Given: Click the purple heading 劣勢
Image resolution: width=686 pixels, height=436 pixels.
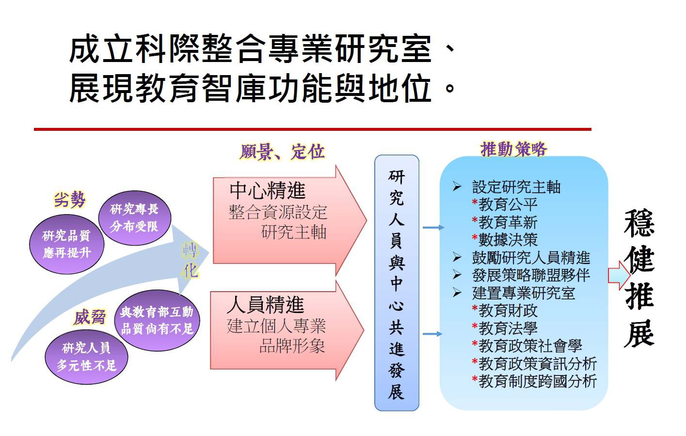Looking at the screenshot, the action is click(x=69, y=200).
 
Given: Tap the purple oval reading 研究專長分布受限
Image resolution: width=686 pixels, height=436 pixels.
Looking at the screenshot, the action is click(x=135, y=218).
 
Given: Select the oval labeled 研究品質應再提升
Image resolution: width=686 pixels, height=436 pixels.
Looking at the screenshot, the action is click(x=67, y=244).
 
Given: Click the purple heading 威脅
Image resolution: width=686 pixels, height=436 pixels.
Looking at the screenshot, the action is click(x=90, y=317).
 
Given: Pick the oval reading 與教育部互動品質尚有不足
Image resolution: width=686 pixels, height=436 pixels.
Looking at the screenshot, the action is click(x=157, y=320).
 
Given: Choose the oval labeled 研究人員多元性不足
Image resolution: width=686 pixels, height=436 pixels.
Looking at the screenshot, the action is click(x=86, y=357).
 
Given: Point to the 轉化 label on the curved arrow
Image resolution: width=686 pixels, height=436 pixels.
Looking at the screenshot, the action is click(x=191, y=260).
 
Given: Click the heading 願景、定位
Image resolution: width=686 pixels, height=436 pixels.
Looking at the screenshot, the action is click(x=282, y=152).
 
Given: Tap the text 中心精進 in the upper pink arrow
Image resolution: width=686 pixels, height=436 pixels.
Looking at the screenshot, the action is click(x=268, y=190).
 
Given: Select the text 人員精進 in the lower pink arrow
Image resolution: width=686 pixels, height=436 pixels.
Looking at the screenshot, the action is click(x=266, y=305).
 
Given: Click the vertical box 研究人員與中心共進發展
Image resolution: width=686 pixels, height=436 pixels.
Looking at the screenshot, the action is click(x=397, y=283).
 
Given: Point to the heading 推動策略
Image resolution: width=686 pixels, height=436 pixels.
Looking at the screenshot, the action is click(x=513, y=149).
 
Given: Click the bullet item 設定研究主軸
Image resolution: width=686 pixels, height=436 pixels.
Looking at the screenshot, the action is click(x=516, y=187).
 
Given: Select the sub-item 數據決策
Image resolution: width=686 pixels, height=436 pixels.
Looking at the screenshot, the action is click(x=508, y=240).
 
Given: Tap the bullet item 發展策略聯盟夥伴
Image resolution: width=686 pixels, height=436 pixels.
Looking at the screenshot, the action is click(x=531, y=275).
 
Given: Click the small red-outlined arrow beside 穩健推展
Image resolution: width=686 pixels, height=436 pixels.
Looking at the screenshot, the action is click(x=619, y=275).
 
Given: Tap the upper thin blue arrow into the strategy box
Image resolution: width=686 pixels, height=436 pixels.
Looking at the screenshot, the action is click(x=433, y=227).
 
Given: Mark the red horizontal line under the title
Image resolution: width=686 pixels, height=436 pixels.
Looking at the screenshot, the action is click(x=312, y=129).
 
